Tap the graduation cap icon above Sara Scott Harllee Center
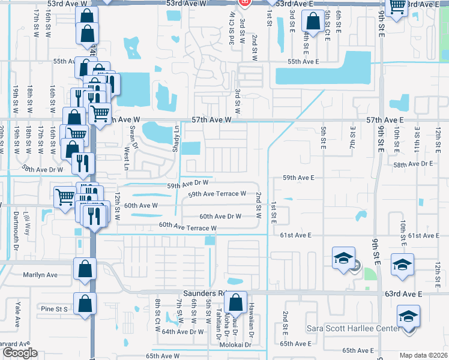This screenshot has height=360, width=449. point(408,316)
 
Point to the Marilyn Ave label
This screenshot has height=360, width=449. point(40,275)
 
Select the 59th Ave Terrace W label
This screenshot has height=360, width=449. point(217,194)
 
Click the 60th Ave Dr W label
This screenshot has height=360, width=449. point(220,216)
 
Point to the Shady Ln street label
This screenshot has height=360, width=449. point(176,138)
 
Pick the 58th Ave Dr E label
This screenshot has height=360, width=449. point(414,163)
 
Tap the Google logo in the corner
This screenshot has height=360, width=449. point(20,353)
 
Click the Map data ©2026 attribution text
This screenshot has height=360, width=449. point(423,355)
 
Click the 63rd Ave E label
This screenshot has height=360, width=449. point(405,294)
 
